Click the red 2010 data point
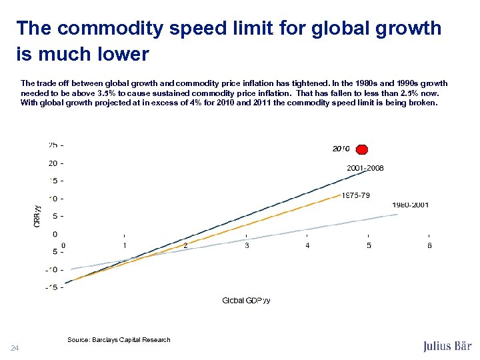coord(362,149)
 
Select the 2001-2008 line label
coord(365,168)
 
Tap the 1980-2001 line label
coord(410,205)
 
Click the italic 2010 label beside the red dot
coord(341,149)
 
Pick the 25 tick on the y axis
coord(53,145)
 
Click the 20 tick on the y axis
coord(53,163)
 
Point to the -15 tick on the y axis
coord(53,288)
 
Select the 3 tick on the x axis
coord(247,245)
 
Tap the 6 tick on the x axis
coord(429,245)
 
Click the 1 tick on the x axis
coord(125,245)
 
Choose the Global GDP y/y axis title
coord(246,301)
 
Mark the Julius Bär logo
coord(447,346)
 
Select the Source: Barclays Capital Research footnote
coord(119,340)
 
